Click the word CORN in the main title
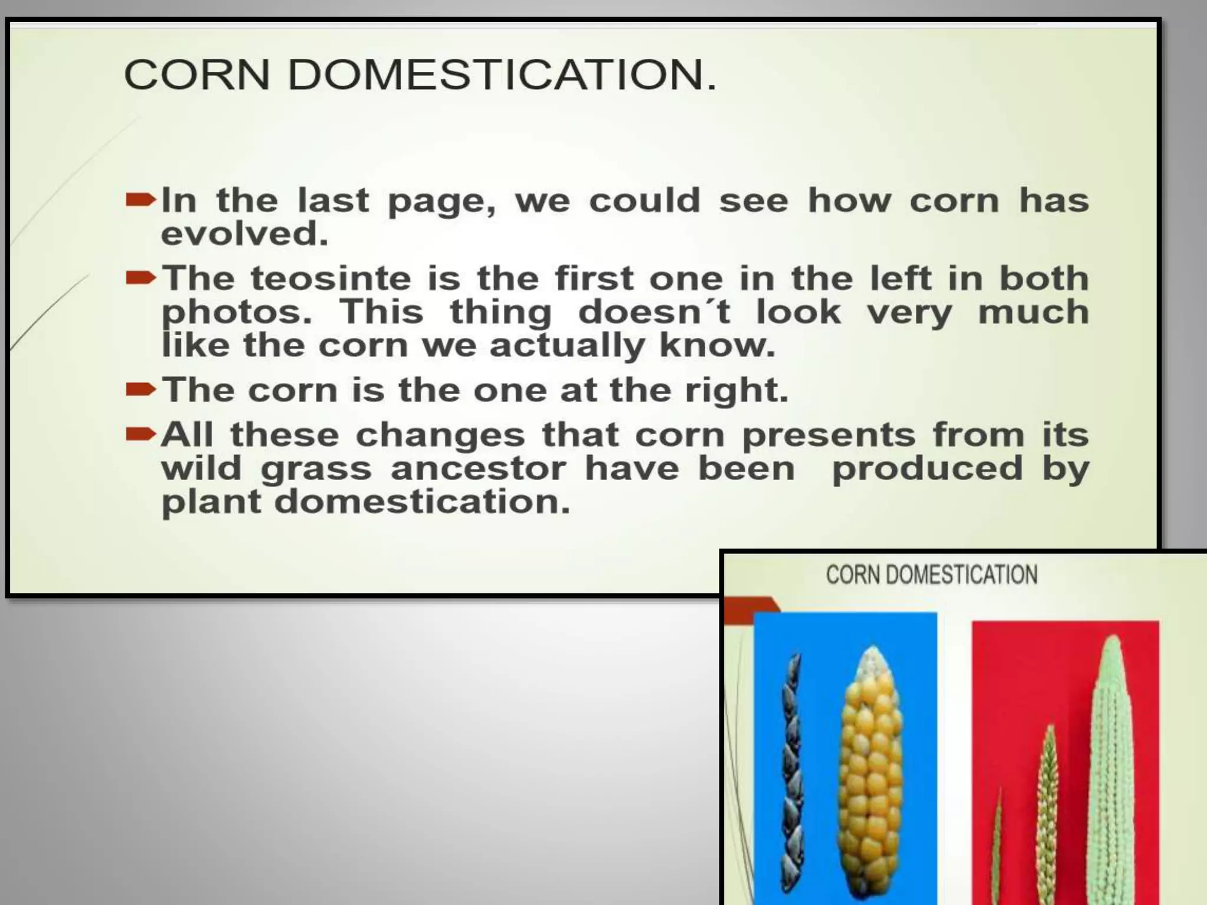tap(197, 75)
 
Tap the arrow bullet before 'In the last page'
tap(141, 201)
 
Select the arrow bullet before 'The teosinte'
tap(141, 278)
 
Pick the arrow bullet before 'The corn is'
tap(141, 389)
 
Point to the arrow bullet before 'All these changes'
tap(141, 435)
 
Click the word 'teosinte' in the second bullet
tap(331, 278)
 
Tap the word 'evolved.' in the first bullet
tap(245, 234)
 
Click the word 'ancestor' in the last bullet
tap(478, 469)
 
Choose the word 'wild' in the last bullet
tap(201, 469)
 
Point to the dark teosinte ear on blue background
tap(790, 778)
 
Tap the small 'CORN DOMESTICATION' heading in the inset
tap(931, 574)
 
